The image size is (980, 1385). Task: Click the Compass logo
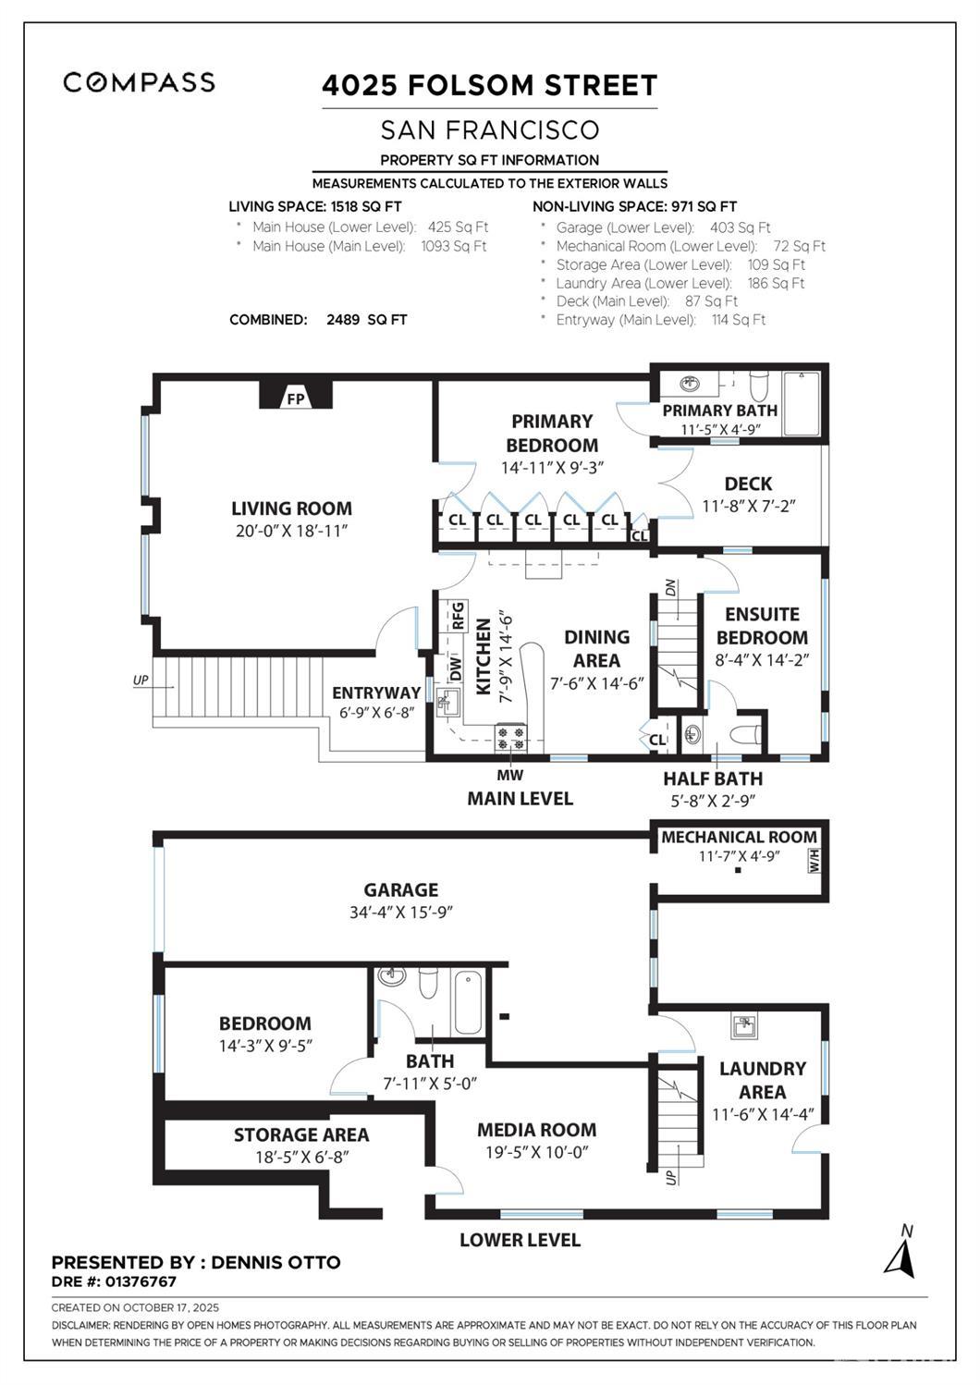tap(139, 82)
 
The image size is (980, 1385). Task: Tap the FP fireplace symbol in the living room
tap(295, 398)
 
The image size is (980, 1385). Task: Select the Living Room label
tap(291, 509)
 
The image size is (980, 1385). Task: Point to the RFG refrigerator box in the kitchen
tap(457, 616)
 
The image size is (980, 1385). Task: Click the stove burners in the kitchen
tap(511, 737)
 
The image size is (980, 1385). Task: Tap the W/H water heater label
tap(814, 861)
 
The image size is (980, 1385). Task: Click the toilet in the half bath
tap(744, 737)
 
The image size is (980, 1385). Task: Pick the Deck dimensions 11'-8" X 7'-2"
tap(749, 506)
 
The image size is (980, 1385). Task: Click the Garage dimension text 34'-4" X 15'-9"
tap(400, 913)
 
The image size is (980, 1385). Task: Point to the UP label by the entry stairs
tap(141, 680)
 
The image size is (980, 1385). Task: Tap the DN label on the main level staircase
tap(671, 588)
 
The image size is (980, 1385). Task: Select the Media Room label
tap(536, 1130)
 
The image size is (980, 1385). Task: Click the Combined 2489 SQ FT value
tap(366, 320)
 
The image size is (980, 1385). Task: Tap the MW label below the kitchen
tap(509, 775)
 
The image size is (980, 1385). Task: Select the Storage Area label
tap(300, 1134)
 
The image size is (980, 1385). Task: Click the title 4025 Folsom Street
tap(489, 86)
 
